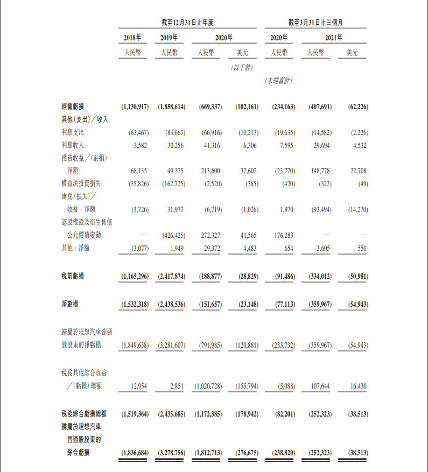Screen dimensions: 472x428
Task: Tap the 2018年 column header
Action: pos(132,38)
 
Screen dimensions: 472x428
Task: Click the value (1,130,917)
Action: pos(132,107)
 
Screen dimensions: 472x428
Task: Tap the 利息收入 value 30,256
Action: pos(172,145)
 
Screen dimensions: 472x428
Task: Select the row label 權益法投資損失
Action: pos(80,184)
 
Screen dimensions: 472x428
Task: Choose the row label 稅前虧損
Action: pos(73,276)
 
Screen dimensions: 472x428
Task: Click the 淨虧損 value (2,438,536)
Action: pos(171,304)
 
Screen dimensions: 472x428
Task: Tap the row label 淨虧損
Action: pos(69,304)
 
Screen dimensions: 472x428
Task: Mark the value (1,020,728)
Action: pos(207,386)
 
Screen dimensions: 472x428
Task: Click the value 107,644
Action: pos(320,386)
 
